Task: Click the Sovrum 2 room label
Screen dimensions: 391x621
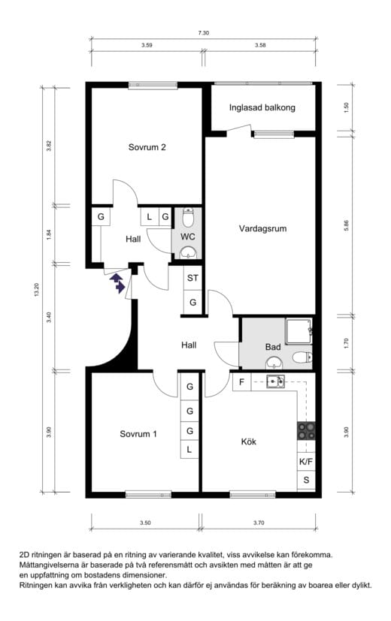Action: pyautogui.click(x=147, y=147)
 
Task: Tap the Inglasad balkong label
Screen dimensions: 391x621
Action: pyautogui.click(x=262, y=107)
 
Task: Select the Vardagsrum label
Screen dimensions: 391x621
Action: pyautogui.click(x=262, y=228)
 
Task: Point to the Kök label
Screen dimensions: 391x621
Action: pyautogui.click(x=249, y=442)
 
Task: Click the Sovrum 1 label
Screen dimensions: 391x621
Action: pyautogui.click(x=138, y=434)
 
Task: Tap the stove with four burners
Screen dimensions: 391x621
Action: pyautogui.click(x=306, y=431)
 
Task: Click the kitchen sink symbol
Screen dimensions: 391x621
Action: pyautogui.click(x=275, y=381)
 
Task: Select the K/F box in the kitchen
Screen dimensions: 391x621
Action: pyautogui.click(x=306, y=461)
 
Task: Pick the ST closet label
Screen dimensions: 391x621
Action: pyautogui.click(x=192, y=278)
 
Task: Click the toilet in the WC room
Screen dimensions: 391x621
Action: pyautogui.click(x=188, y=219)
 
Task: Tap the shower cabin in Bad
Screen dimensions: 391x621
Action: pyautogui.click(x=299, y=330)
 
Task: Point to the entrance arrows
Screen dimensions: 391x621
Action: pyautogui.click(x=117, y=282)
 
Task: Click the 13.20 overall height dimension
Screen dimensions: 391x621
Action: pyautogui.click(x=37, y=290)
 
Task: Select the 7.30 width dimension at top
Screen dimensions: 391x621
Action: pyautogui.click(x=204, y=33)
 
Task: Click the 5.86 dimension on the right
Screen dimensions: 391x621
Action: pyautogui.click(x=346, y=225)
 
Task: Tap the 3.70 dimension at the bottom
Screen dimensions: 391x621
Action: pyautogui.click(x=259, y=523)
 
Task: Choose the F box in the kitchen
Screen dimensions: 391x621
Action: pyautogui.click(x=241, y=382)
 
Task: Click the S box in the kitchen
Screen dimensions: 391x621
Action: pyautogui.click(x=306, y=480)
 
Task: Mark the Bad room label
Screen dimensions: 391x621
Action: pyautogui.click(x=273, y=347)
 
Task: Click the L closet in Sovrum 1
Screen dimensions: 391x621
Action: pyautogui.click(x=189, y=450)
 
